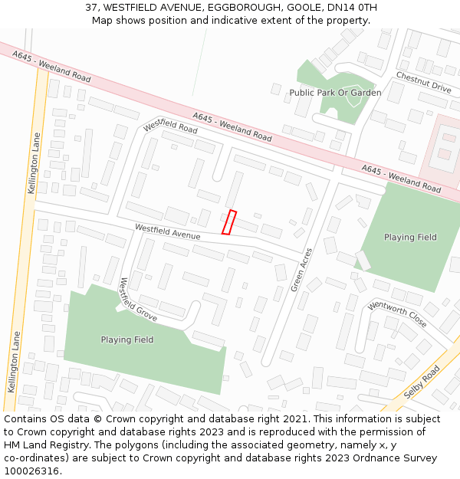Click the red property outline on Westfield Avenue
point(228,221)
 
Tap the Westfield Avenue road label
point(167,231)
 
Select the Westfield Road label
point(170,126)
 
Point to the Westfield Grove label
point(138,300)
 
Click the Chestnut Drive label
point(423,82)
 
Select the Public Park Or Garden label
point(335,93)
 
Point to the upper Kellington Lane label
point(34,162)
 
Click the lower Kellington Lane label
point(12,361)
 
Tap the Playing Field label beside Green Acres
point(410,238)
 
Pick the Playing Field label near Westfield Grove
point(127,340)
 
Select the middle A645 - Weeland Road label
point(232,126)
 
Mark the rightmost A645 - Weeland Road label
point(401,179)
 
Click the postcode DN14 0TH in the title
point(350,8)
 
